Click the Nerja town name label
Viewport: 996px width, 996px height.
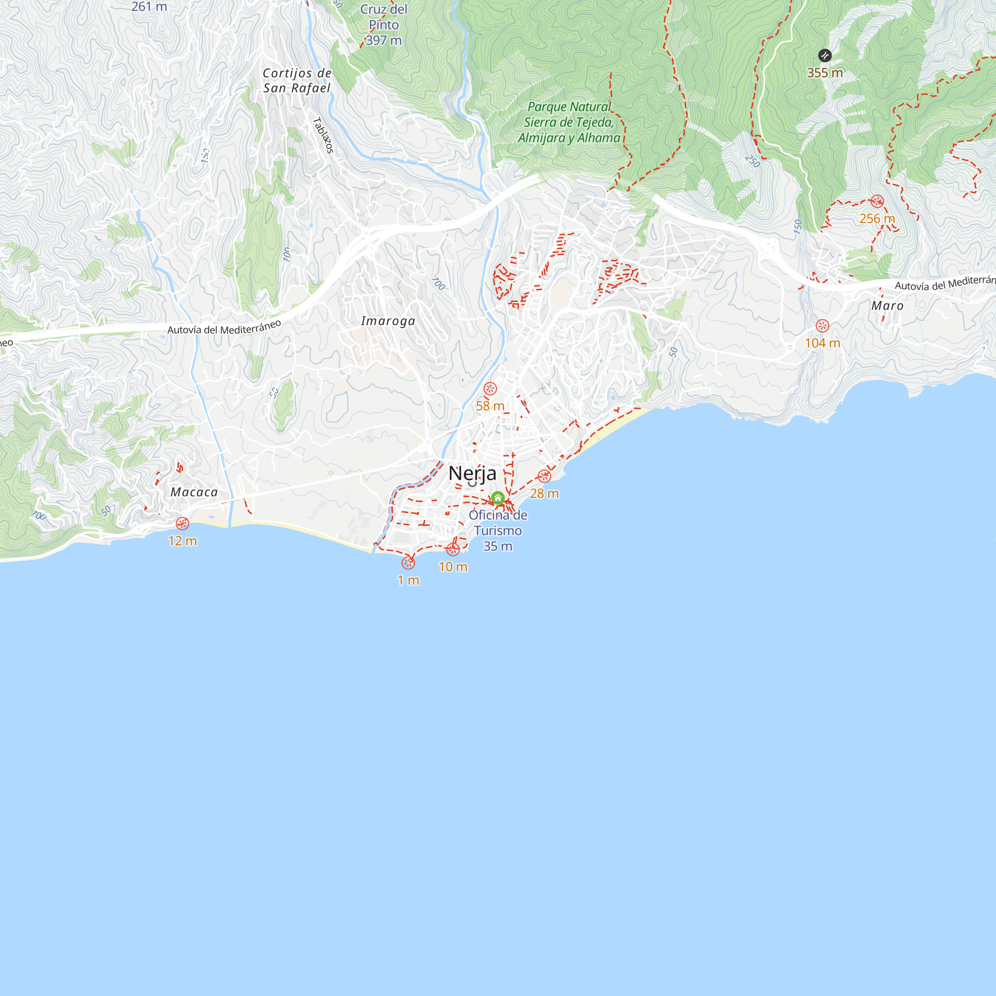pos(472,473)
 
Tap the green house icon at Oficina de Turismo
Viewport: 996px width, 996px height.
pos(498,498)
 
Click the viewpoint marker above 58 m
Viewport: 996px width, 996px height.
pos(490,389)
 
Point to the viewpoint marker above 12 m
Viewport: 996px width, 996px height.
pos(182,524)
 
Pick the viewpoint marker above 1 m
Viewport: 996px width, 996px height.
pos(408,563)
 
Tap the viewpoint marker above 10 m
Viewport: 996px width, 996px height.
pos(453,550)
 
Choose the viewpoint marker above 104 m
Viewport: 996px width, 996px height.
pos(823,326)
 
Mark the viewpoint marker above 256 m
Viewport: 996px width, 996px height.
pos(877,202)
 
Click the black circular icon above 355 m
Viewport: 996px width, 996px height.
pos(825,56)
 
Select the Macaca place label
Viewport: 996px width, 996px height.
pos(194,493)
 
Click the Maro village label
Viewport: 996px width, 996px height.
pos(888,306)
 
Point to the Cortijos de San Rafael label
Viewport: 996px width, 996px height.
pos(297,81)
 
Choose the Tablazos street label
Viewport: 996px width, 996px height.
pos(324,135)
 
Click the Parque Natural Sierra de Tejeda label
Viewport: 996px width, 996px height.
pos(569,122)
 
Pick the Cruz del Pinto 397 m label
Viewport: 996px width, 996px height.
pos(384,25)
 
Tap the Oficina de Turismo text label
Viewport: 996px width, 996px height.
pos(498,530)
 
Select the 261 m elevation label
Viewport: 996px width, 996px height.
pos(149,6)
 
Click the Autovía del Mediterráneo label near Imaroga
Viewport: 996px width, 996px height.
pos(224,327)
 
